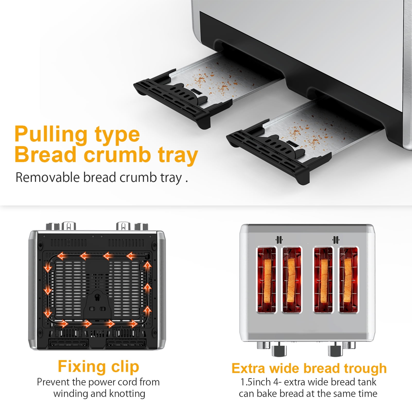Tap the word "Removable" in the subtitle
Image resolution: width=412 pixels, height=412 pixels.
tap(48, 178)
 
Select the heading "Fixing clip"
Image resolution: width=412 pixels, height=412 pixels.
tap(99, 366)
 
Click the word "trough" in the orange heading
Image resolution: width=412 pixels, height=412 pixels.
tap(365, 369)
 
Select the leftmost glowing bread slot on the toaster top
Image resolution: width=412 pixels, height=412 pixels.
tap(266, 280)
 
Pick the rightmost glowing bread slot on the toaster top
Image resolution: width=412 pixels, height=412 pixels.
tap(348, 280)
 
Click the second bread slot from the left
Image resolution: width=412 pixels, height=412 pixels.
tap(292, 280)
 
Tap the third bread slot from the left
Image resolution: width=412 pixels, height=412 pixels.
tap(323, 280)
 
